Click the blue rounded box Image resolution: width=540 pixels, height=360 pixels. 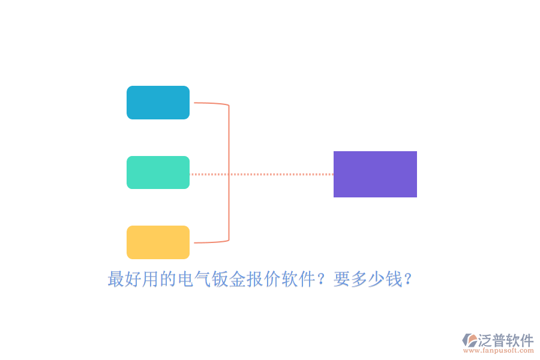coord(158,103)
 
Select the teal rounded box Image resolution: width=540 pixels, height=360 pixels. coord(158,173)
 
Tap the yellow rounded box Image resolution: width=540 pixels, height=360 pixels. coord(158,242)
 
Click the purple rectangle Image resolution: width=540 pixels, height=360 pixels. coord(375,175)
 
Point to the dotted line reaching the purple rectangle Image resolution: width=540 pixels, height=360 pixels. coord(262,175)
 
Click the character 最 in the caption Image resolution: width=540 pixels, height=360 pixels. coord(116,279)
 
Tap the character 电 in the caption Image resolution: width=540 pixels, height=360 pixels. coord(185,279)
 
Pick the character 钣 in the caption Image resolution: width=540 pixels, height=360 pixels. coord(220,279)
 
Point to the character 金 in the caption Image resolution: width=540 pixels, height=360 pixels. coord(238,279)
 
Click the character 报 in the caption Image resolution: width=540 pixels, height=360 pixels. coord(255,279)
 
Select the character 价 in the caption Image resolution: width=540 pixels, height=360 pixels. coord(272,279)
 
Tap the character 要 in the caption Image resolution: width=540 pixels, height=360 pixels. coord(341,279)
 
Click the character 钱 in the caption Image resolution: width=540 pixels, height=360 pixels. coord(394,279)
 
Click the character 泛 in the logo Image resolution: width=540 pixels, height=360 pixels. coord(485,340)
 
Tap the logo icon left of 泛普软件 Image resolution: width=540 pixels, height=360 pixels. coord(470,340)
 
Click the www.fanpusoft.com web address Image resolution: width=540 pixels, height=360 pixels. coord(499,350)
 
